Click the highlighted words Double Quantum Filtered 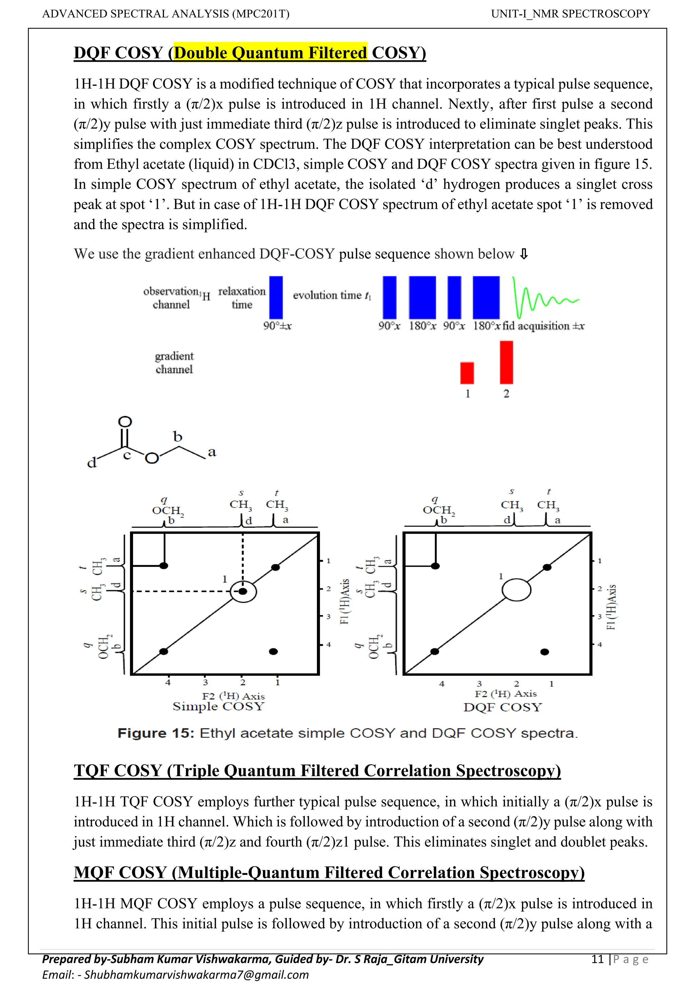point(270,53)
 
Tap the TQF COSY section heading point(317,770)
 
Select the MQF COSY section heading point(329,872)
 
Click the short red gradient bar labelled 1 point(467,373)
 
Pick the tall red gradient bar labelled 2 point(506,362)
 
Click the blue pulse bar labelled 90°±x point(276,297)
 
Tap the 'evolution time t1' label point(332,295)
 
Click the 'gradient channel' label point(174,363)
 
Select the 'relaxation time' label point(242,298)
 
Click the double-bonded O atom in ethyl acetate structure point(125,422)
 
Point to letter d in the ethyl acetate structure point(92,463)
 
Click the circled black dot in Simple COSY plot point(243,591)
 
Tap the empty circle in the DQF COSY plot point(516,590)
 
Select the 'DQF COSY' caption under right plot point(503,707)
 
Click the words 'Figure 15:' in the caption point(156,733)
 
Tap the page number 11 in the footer point(597,959)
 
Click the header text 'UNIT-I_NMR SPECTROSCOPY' point(570,14)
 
